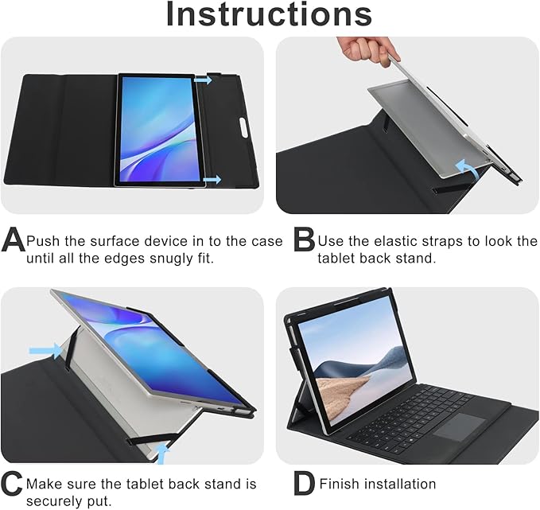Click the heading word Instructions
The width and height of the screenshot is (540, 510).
click(x=270, y=14)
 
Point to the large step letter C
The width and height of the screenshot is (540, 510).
click(x=13, y=484)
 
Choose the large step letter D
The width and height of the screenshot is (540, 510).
click(x=304, y=484)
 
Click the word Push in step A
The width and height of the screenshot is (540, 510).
click(x=42, y=241)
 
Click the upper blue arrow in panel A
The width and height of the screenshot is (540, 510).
click(x=204, y=80)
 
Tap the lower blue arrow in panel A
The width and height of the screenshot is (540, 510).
click(x=212, y=181)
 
